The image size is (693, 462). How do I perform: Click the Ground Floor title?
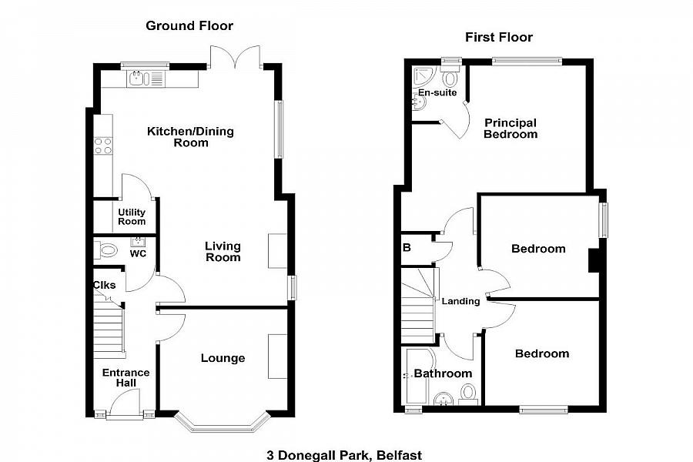189,26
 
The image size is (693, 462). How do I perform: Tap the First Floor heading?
498,38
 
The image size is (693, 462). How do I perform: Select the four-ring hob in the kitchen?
103,146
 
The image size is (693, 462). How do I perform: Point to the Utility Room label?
132,217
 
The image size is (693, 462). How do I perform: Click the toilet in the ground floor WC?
105,251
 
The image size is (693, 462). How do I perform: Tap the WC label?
138,254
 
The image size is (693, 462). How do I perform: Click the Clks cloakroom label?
104,285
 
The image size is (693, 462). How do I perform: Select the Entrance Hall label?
126,378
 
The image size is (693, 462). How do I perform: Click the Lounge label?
223,358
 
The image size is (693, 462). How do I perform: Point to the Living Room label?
223,252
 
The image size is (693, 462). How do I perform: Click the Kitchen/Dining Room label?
190,137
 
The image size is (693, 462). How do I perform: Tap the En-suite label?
437,93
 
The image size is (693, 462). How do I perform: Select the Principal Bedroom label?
511,129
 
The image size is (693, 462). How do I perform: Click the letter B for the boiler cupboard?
407,248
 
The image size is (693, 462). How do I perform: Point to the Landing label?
460,302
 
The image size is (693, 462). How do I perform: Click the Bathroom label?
443,373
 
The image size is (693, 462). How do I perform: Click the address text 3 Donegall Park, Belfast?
344,455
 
